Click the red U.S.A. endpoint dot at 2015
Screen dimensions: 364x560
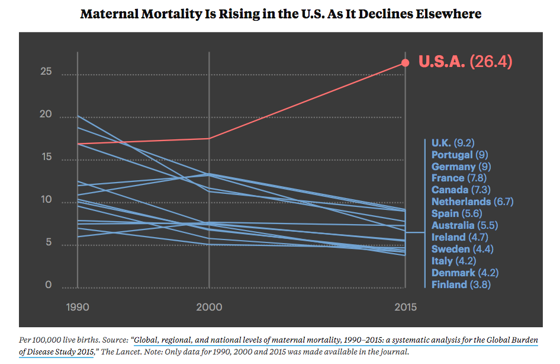click(405, 63)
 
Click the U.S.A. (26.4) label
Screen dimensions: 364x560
click(465, 62)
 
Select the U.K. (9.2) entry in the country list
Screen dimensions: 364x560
click(453, 143)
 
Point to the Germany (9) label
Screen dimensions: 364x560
click(461, 167)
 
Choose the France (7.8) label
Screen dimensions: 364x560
click(456, 178)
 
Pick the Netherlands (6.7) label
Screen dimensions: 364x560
click(469, 202)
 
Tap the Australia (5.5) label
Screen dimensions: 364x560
click(461, 225)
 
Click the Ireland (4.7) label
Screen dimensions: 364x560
click(456, 237)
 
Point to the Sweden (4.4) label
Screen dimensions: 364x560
click(458, 249)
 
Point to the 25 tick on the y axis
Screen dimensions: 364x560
click(47, 72)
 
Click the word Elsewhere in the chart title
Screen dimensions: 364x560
click(446, 14)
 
